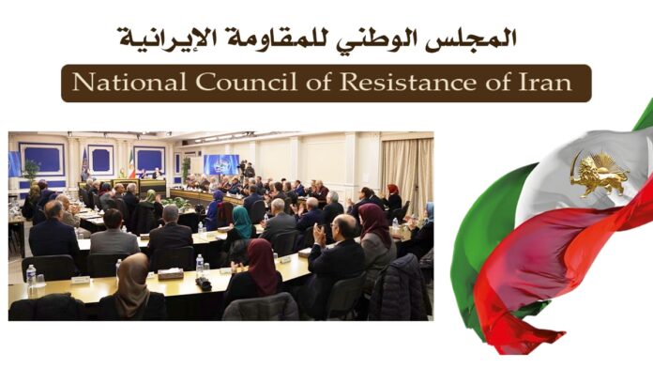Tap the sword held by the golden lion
pos(574,165)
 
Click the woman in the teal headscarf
pos(242,224)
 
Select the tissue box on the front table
pos(170,272)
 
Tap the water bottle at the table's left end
pos(31,276)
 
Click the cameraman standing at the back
pos(248,172)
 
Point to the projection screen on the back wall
pos(220,163)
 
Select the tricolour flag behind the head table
pos(130,166)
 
